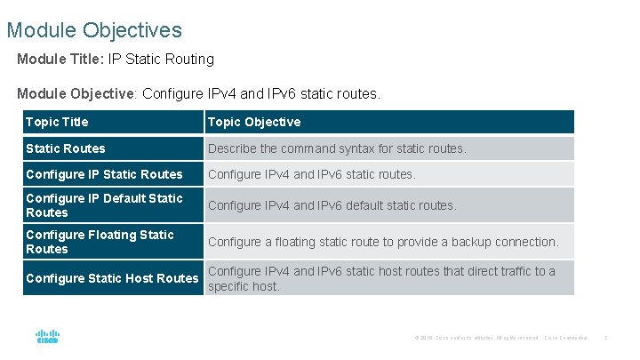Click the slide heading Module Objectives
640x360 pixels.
pos(94,30)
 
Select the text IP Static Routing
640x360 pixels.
pos(161,60)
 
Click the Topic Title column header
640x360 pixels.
pos(57,122)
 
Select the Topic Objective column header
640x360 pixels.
pos(254,122)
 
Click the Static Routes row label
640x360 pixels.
pos(65,148)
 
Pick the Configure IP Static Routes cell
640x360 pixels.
pos(104,174)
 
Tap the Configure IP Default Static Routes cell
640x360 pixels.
pos(104,205)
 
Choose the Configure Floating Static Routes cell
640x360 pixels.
pos(100,242)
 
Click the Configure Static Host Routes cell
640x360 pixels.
pos(112,278)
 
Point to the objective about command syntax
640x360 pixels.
pos(337,148)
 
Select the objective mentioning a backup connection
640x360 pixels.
pos(383,242)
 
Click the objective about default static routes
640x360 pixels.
pos(332,205)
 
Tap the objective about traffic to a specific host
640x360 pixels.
pos(381,278)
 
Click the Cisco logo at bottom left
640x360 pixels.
pos(47,337)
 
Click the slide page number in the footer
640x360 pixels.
pos(604,338)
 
